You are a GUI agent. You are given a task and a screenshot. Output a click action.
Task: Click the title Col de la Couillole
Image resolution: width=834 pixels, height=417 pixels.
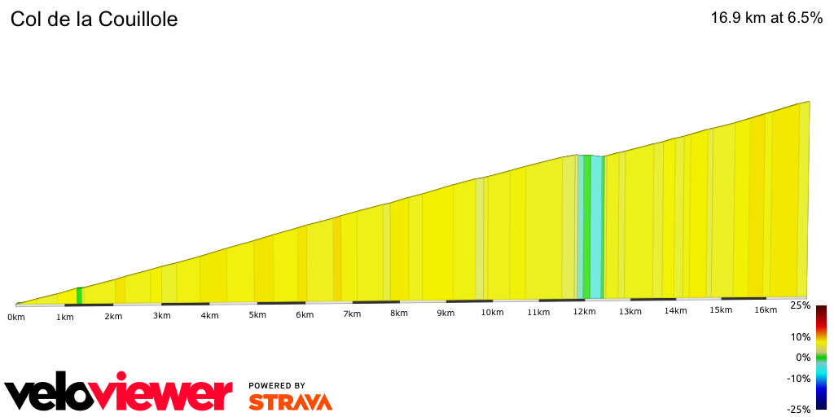pyautogui.click(x=94, y=19)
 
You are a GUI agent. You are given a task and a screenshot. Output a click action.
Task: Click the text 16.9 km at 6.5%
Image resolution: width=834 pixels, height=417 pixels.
pyautogui.click(x=767, y=18)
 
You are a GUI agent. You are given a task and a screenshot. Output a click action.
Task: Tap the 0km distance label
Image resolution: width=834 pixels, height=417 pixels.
pyautogui.click(x=16, y=317)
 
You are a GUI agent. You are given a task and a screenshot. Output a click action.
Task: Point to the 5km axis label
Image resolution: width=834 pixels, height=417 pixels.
pyautogui.click(x=257, y=315)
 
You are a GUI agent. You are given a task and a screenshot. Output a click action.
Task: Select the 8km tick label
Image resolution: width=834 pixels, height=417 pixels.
pyautogui.click(x=398, y=314)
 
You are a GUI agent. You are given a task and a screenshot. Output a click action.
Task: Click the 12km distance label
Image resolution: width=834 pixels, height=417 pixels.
pyautogui.click(x=584, y=312)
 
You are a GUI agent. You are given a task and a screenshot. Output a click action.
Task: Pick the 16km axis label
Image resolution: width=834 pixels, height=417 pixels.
pyautogui.click(x=766, y=309)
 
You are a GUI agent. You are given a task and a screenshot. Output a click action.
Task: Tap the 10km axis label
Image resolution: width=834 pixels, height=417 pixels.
pyautogui.click(x=491, y=313)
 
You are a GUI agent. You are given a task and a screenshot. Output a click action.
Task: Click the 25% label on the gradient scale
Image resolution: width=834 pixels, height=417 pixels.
pyautogui.click(x=801, y=305)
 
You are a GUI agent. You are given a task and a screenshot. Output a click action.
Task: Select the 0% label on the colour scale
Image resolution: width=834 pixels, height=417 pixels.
pyautogui.click(x=803, y=358)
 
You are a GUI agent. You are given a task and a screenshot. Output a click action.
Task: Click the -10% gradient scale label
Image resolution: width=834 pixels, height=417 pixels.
pyautogui.click(x=799, y=378)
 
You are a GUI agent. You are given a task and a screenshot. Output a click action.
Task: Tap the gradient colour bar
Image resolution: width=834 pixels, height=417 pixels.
pyautogui.click(x=821, y=358)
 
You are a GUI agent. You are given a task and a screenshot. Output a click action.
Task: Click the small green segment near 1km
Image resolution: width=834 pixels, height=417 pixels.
pyautogui.click(x=79, y=296)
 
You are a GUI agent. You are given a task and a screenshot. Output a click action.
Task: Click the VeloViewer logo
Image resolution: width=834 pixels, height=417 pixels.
pyautogui.click(x=119, y=395)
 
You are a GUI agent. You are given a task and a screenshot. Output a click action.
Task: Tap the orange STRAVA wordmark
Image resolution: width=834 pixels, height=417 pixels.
pyautogui.click(x=290, y=402)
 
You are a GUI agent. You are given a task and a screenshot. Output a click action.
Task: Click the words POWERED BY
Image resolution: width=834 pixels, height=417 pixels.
pyautogui.click(x=277, y=385)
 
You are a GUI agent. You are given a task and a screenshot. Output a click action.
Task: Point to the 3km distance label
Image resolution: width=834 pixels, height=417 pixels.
pyautogui.click(x=163, y=316)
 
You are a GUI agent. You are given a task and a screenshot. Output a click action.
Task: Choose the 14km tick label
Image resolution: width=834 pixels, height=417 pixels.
pyautogui.click(x=674, y=311)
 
